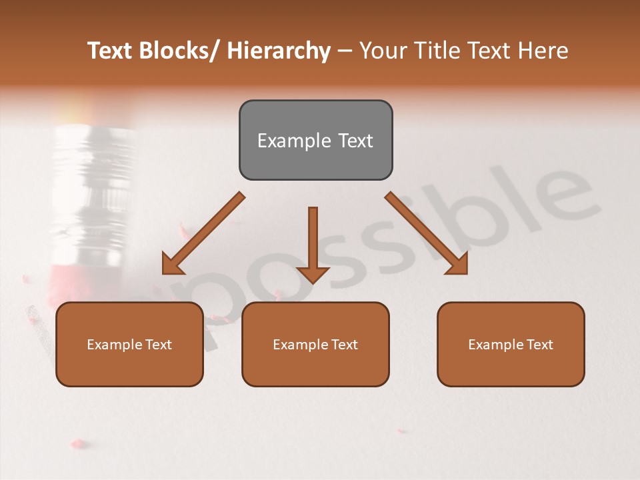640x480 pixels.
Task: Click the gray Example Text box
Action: pos(315,140)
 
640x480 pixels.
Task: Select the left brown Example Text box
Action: pos(129,344)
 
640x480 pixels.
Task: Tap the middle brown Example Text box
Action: pos(315,344)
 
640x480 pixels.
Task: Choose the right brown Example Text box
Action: pos(511,344)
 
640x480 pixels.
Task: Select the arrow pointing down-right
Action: pos(427,233)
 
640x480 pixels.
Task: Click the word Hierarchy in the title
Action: pos(279,51)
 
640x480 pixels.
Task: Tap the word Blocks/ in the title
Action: pos(180,51)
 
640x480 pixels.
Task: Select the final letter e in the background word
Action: pos(563,193)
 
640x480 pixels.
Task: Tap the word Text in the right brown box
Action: pos(539,344)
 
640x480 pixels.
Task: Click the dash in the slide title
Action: pos(345,51)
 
